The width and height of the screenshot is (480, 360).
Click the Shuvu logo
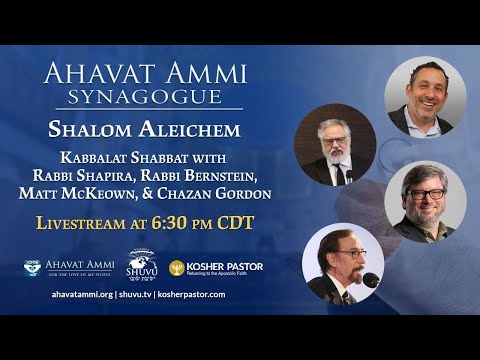[x=143, y=266]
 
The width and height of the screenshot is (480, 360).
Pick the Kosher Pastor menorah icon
[x=176, y=268]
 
